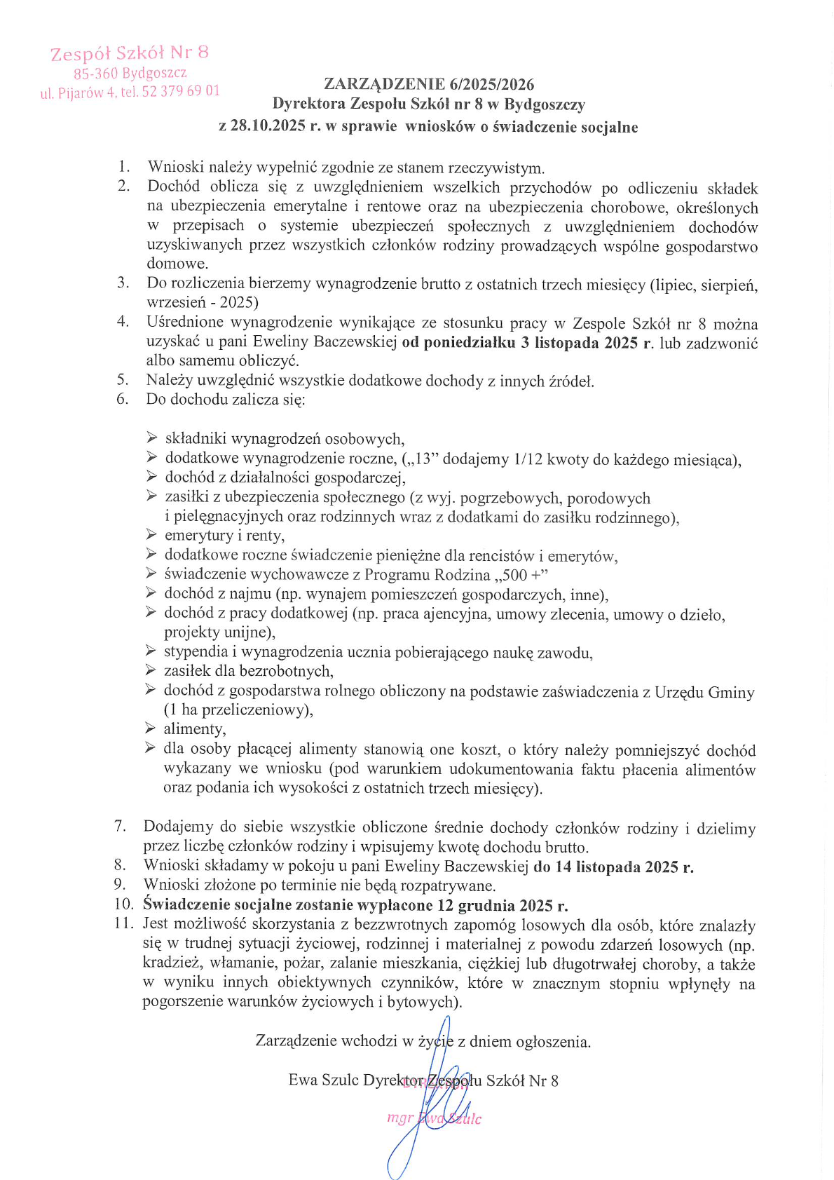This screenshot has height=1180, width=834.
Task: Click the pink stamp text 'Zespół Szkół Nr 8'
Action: [130, 53]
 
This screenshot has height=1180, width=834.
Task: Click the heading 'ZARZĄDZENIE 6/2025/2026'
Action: [429, 85]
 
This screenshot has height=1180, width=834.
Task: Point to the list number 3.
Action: [123, 283]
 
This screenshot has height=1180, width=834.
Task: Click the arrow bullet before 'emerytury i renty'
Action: [151, 535]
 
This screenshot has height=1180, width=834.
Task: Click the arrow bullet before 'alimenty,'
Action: [150, 728]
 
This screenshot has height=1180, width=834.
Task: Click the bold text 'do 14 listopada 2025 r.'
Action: [613, 867]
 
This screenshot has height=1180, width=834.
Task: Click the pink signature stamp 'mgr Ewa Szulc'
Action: [434, 1118]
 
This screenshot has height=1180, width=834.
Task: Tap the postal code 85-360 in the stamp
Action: [96, 73]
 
